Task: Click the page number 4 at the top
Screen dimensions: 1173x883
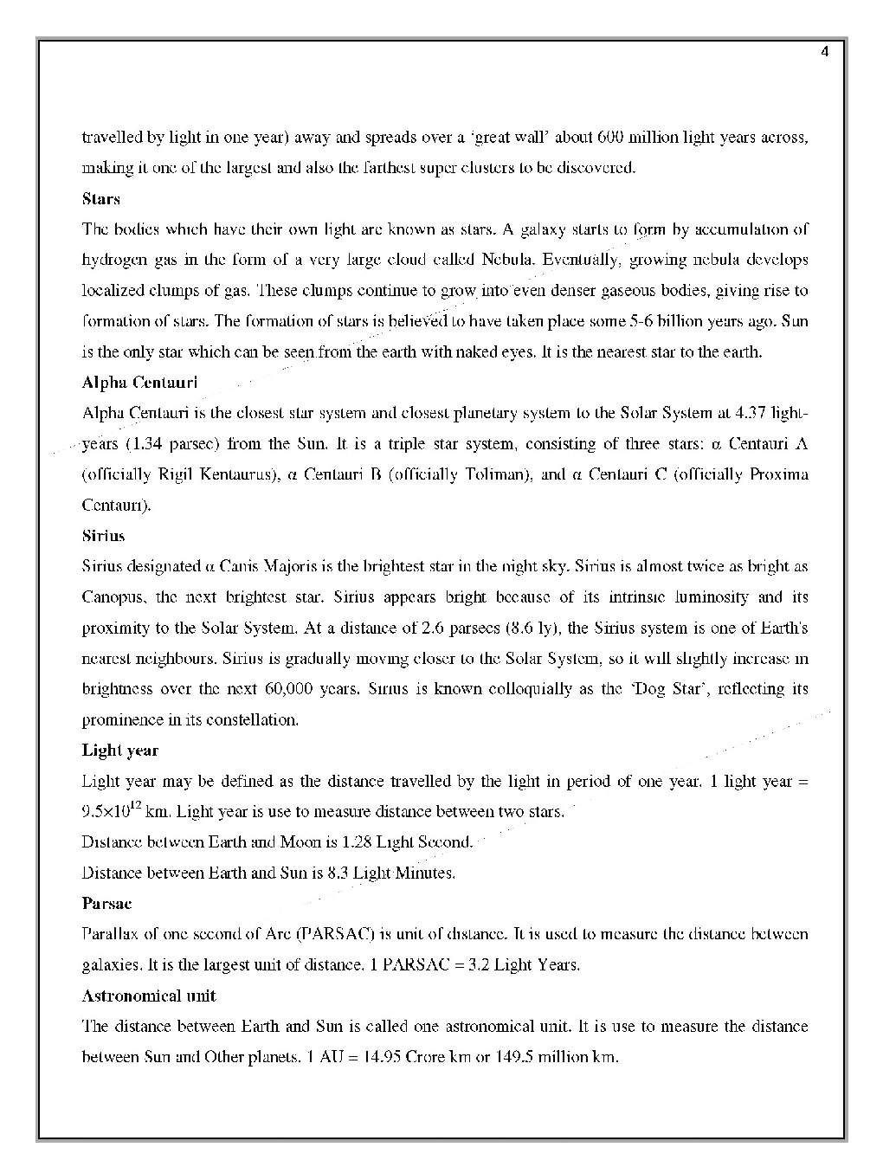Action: (x=824, y=52)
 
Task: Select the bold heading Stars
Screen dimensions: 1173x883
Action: (x=100, y=199)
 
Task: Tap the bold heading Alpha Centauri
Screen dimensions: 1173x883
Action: (x=139, y=383)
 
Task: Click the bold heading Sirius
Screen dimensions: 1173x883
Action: (x=103, y=536)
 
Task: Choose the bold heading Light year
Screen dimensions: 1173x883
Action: (x=120, y=751)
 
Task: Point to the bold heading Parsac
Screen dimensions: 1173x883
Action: (x=106, y=904)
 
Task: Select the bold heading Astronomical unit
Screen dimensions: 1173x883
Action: (x=149, y=996)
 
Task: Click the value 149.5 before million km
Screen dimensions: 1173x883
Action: (x=512, y=1057)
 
